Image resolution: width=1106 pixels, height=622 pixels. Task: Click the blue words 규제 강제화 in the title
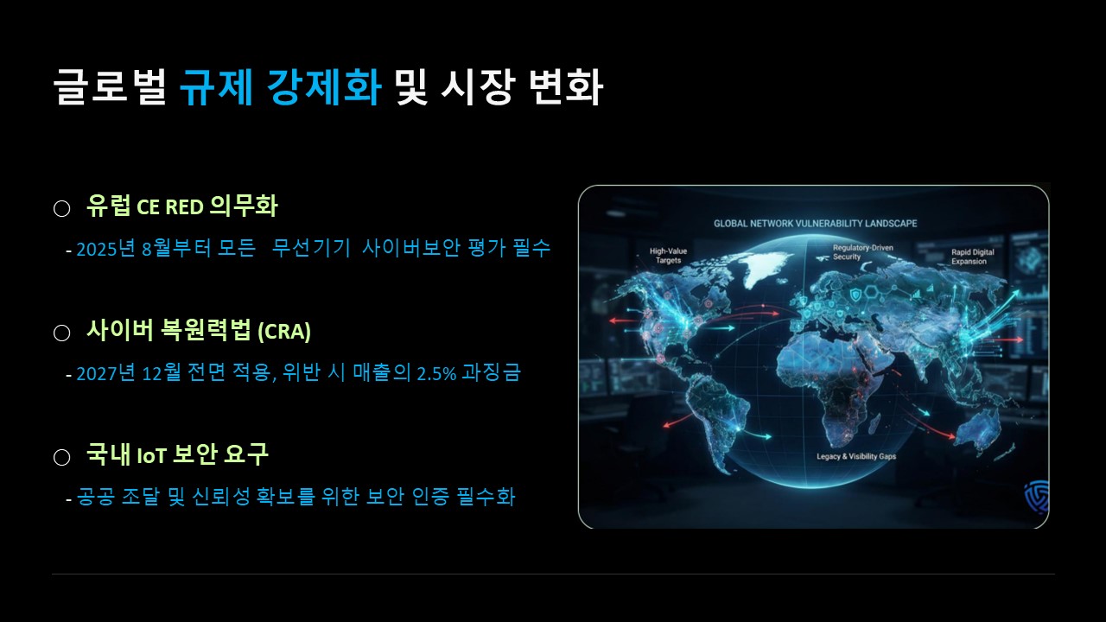280,87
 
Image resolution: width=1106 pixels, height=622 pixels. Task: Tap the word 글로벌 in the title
110,87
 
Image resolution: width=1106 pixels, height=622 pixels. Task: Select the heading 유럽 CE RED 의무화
182,206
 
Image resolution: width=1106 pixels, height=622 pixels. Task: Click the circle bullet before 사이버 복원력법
61,333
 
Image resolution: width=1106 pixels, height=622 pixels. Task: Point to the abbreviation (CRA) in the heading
284,331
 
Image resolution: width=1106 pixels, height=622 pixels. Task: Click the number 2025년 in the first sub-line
105,248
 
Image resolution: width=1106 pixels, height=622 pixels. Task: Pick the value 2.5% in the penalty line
436,373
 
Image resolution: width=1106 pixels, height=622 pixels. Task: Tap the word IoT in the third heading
151,455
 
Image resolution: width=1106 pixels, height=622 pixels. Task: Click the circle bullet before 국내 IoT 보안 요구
61,457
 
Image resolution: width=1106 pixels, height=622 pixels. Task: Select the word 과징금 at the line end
491,372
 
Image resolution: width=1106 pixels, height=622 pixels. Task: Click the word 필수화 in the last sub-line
486,496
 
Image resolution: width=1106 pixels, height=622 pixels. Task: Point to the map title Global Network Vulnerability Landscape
815,224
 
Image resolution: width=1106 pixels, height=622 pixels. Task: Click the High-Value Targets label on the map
668,256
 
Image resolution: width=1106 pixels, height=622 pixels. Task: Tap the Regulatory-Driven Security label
862,252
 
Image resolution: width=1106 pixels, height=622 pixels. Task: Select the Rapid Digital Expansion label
972,257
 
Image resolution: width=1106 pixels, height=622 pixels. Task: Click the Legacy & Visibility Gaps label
856,456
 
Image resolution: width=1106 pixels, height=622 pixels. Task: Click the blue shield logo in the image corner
1037,497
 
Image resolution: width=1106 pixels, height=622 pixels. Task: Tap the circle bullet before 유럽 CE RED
61,208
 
